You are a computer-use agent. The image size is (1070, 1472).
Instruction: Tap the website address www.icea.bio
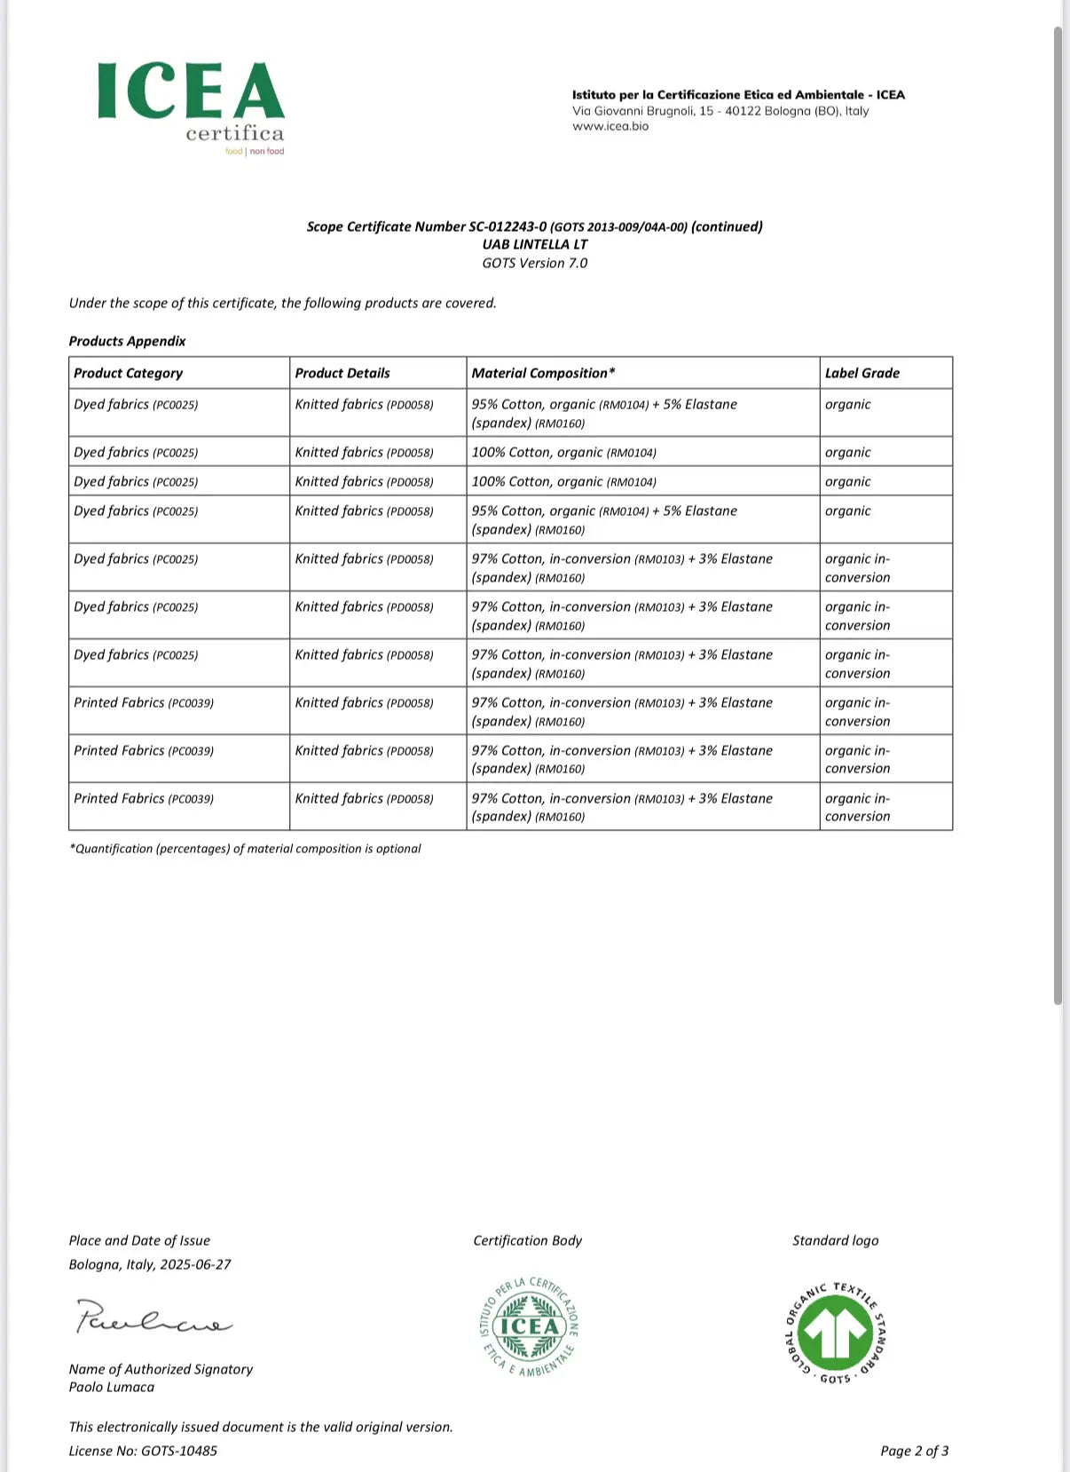(610, 126)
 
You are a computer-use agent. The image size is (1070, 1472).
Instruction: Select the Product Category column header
(129, 373)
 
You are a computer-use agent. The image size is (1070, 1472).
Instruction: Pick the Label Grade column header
(862, 373)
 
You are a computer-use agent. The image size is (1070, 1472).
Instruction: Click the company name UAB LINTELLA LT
(534, 244)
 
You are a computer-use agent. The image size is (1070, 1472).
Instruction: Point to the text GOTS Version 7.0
(534, 263)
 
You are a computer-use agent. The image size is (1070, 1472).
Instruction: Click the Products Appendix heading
(128, 341)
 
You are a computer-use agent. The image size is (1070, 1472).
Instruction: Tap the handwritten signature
(153, 1318)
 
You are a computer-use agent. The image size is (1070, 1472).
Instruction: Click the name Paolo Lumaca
(112, 1387)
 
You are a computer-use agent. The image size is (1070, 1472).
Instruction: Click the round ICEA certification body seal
(529, 1327)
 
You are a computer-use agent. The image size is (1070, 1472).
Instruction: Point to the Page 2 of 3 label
(914, 1451)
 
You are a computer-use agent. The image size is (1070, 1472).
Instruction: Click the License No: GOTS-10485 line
(143, 1451)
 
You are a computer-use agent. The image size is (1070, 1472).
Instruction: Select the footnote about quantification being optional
(245, 849)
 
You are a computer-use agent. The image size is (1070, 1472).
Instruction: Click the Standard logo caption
(835, 1240)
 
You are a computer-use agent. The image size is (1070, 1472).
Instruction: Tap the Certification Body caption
(527, 1240)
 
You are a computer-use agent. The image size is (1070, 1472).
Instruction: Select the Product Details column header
(342, 373)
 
